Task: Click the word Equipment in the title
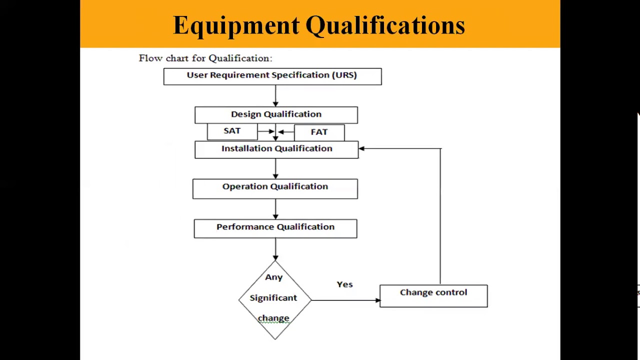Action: (x=236, y=25)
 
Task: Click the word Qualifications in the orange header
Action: (x=385, y=25)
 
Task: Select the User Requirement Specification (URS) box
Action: (x=272, y=76)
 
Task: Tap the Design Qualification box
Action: (x=276, y=114)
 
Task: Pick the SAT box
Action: (x=232, y=131)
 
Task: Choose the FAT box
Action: (x=319, y=132)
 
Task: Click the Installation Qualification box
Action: (x=276, y=149)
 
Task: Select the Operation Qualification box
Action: (x=275, y=188)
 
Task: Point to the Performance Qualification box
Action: (x=275, y=228)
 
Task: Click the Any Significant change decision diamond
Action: (x=274, y=299)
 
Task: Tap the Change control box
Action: (x=433, y=295)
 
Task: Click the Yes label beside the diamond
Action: (x=344, y=284)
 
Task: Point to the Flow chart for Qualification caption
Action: (x=205, y=58)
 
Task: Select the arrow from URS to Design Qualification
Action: (x=275, y=96)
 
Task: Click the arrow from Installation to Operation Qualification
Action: (x=275, y=169)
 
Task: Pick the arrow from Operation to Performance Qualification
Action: (x=275, y=209)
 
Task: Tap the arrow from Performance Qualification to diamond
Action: (x=275, y=249)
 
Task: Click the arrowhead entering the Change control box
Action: (x=377, y=300)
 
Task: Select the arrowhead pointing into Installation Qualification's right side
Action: (x=361, y=148)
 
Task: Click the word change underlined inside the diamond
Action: (x=273, y=318)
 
